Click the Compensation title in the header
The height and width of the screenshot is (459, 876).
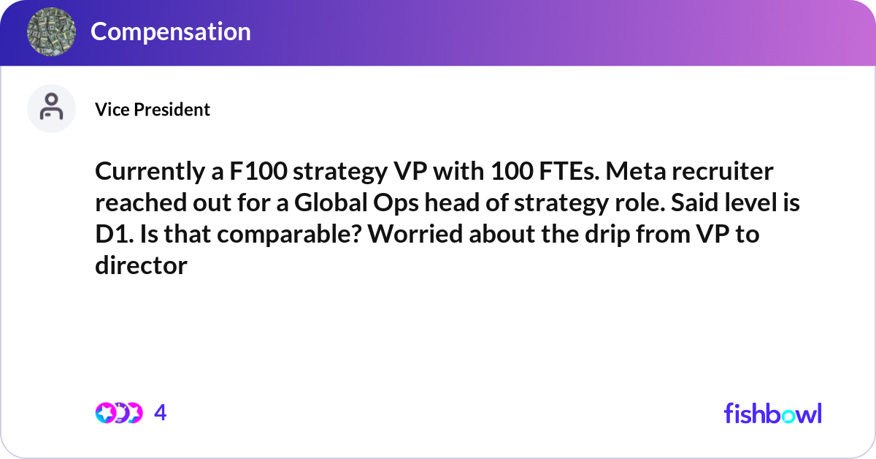pos(171,31)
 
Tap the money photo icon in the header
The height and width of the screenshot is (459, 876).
pos(52,32)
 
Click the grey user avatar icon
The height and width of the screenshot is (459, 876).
pos(52,109)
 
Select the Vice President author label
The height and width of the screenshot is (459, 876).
pos(153,110)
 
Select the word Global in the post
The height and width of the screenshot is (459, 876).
pos(333,203)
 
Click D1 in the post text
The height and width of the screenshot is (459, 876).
pos(113,235)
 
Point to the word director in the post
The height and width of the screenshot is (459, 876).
pos(141,266)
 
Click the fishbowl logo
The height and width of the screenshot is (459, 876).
pos(772,413)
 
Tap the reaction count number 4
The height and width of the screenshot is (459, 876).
pos(161,413)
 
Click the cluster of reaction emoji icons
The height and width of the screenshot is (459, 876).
pos(119,413)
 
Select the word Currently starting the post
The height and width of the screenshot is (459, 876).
pos(146,172)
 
